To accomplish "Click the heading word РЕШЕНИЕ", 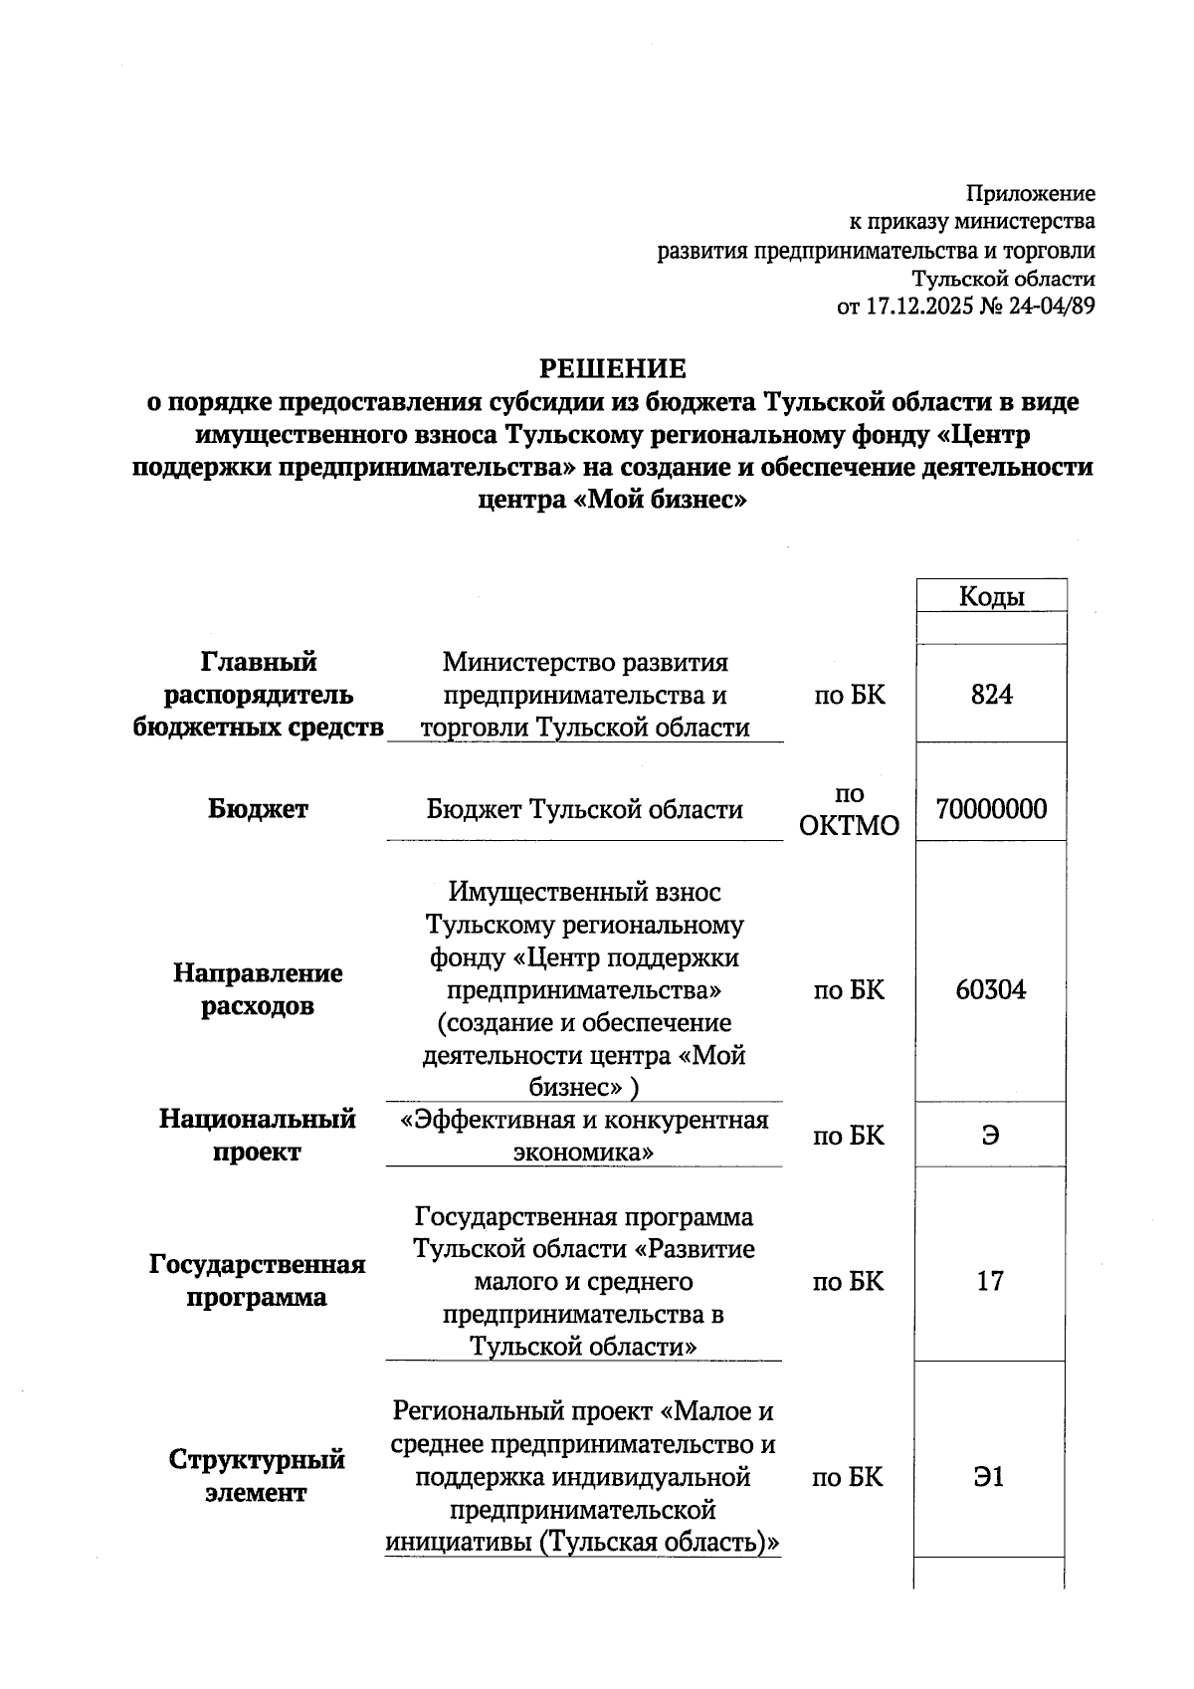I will coord(612,369).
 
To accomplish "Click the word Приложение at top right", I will coord(1032,193).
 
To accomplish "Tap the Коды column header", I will coord(991,596).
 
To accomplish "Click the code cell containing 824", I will coord(991,695).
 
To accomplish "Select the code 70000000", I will coord(991,808).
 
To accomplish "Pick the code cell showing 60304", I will coord(991,989).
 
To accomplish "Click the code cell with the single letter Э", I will coord(990,1136).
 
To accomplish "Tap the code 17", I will coord(990,1281).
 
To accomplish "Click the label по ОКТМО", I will coord(849,809).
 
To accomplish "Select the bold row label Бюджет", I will coord(259,809).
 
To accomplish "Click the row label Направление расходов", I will coord(258,989).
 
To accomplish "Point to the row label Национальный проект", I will coord(257,1136).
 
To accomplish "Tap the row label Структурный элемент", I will coord(257,1476).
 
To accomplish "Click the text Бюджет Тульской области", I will coord(584,809).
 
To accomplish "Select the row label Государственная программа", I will coord(257,1281).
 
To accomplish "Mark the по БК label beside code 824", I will coord(849,695).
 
